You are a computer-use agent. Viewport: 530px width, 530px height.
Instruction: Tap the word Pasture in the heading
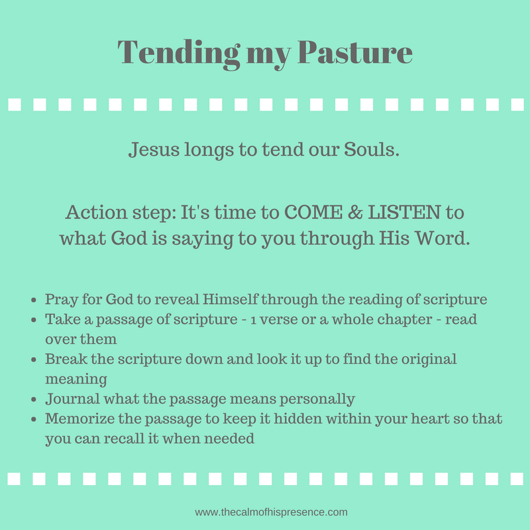355,52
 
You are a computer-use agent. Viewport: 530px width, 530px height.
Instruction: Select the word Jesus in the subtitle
154,150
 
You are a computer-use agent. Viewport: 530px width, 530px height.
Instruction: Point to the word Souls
372,150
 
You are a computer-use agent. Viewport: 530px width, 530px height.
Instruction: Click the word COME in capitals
313,212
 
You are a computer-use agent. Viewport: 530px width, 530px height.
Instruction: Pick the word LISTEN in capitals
404,212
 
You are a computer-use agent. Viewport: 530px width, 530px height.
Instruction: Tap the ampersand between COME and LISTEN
355,212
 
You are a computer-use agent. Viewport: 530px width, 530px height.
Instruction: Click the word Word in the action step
442,238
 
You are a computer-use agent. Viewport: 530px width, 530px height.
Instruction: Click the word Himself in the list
230,299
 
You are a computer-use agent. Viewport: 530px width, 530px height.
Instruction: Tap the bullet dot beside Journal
34,399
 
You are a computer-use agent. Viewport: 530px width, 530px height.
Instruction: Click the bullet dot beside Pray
34,300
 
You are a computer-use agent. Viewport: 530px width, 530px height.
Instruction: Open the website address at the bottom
271,512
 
